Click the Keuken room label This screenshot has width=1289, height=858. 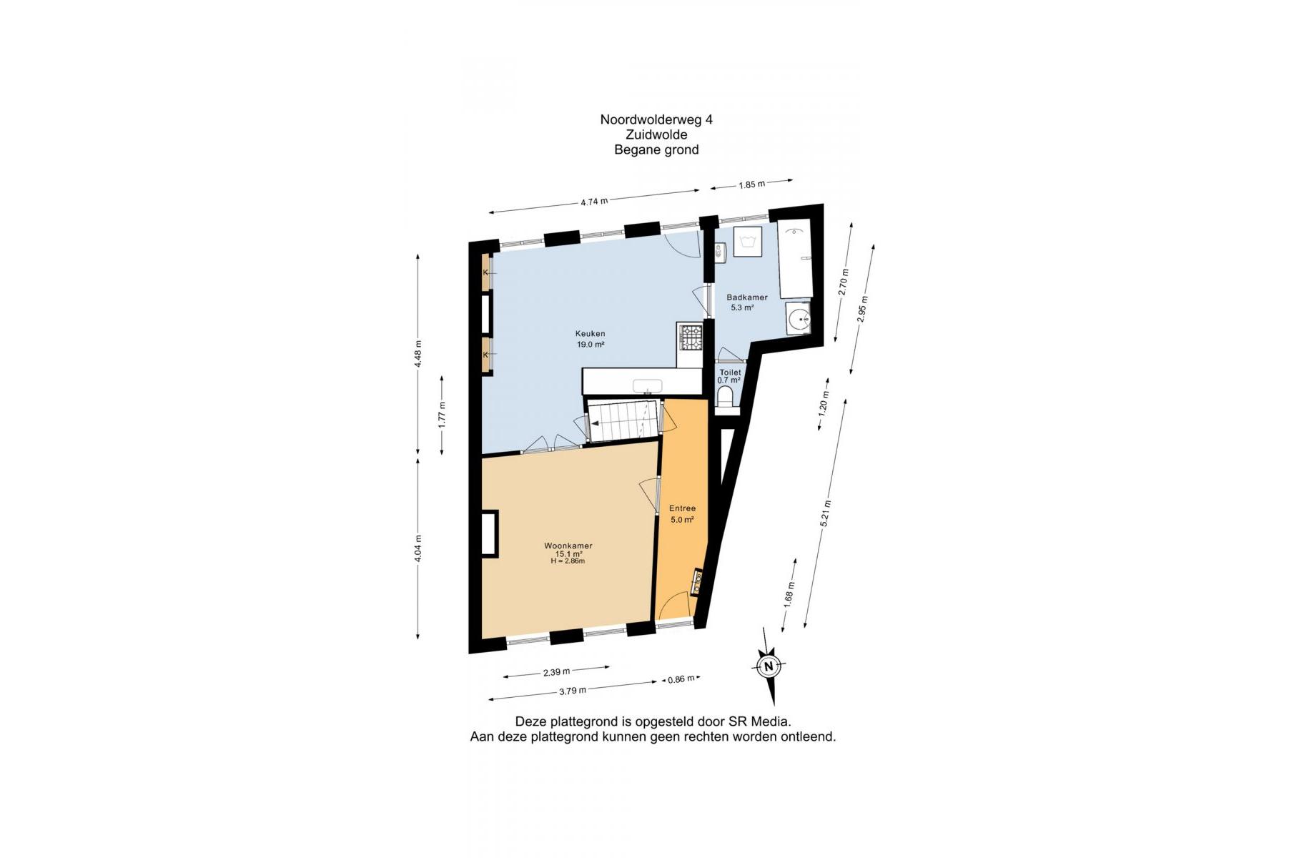591,333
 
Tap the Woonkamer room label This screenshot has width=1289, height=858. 568,546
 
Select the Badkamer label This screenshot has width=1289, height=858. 747,297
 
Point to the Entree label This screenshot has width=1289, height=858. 682,508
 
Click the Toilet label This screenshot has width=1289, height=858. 730,373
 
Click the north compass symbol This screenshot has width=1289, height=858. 769,666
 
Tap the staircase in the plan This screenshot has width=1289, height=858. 621,423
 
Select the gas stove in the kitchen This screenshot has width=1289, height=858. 691,337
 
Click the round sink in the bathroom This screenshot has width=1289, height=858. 799,318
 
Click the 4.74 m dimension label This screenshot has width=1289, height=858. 594,202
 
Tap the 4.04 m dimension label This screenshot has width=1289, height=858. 418,548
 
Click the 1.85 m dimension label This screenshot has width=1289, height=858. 751,184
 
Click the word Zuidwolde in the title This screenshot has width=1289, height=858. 656,134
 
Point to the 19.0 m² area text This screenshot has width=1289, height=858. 591,345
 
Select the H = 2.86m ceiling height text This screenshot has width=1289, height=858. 568,561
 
